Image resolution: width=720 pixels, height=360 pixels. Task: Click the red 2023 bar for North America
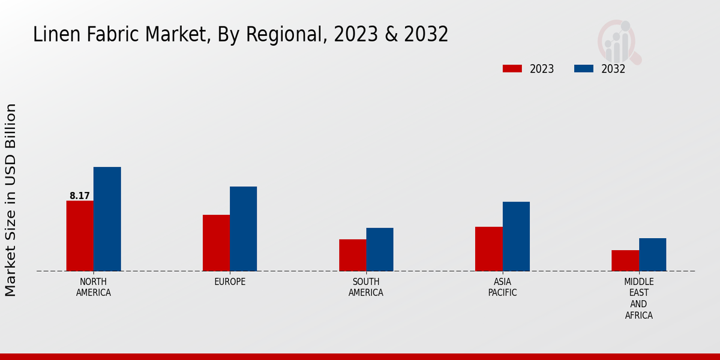tap(80, 236)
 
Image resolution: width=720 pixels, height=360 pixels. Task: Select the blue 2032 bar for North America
tap(107, 219)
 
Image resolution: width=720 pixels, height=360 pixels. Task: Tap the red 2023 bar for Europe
tap(216, 243)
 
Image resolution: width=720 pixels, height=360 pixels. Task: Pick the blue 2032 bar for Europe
tap(243, 229)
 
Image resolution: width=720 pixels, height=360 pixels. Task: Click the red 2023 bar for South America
tap(352, 255)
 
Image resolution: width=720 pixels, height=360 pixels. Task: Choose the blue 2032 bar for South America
tap(380, 250)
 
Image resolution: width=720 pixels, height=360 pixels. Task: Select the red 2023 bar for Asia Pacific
tap(488, 249)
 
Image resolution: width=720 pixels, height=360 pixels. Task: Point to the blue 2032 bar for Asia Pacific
tap(516, 236)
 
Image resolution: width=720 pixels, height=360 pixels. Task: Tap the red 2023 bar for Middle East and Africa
tap(625, 260)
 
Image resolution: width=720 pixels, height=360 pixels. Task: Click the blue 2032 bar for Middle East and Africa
tap(652, 254)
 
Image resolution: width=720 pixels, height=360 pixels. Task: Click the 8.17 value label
tap(80, 196)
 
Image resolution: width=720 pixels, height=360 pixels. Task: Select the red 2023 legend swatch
tap(512, 68)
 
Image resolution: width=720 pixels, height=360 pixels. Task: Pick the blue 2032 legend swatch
tap(583, 68)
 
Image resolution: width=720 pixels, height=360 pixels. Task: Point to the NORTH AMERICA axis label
tap(94, 287)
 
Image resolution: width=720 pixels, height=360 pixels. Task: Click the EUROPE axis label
tap(230, 282)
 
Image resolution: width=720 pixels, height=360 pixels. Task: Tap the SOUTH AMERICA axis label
tap(366, 287)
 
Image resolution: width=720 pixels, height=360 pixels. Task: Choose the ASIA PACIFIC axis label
tap(503, 287)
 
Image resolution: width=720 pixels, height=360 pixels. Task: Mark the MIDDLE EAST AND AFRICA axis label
tap(639, 298)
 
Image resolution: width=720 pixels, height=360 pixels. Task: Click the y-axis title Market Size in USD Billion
tap(11, 200)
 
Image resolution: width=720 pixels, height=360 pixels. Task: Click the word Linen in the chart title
tap(50, 35)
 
